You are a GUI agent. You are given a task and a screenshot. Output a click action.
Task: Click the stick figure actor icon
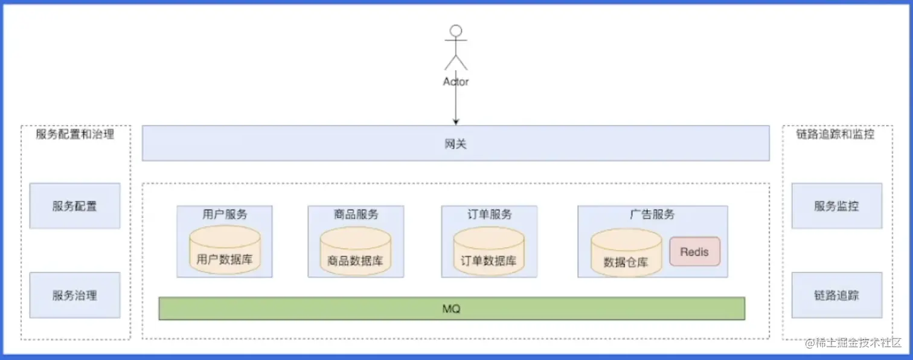[x=456, y=47]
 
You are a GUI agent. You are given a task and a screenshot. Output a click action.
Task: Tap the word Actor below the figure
[x=456, y=82]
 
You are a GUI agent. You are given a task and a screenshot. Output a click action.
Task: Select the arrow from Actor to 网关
[x=456, y=106]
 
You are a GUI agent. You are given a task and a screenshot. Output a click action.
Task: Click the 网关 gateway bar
[x=455, y=143]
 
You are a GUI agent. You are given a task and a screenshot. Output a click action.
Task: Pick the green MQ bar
[x=452, y=309]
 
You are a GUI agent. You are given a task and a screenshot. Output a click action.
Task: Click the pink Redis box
[x=694, y=251]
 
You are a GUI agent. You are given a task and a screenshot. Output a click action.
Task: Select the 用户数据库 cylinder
[x=225, y=251]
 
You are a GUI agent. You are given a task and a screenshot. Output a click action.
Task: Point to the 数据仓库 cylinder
[x=626, y=254]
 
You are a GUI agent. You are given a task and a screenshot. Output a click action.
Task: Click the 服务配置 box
[x=74, y=206]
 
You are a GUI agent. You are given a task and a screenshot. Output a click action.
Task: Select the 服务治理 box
[x=74, y=295]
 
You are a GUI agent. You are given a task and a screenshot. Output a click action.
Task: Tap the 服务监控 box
[x=836, y=206]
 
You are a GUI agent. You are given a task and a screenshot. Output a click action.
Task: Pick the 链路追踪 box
[x=836, y=295]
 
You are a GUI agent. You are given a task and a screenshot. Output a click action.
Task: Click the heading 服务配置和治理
[x=75, y=134]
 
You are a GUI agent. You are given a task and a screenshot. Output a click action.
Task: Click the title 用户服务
[x=225, y=214]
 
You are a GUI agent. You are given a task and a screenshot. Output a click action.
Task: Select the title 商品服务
[x=356, y=214]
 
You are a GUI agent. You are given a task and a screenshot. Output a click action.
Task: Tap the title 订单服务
[x=489, y=214]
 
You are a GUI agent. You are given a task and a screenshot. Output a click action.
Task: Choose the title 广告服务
[x=652, y=214]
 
